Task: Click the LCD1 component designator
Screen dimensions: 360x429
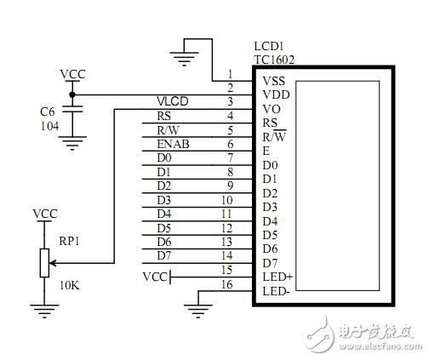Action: (x=270, y=45)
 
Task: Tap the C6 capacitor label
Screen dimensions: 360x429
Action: (x=49, y=111)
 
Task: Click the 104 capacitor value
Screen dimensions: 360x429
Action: (x=50, y=125)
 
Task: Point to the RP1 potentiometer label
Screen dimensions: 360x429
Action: (x=69, y=240)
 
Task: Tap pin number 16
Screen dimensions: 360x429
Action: (x=226, y=283)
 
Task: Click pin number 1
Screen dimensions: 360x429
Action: (x=229, y=75)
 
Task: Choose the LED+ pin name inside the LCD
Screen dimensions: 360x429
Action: (x=277, y=277)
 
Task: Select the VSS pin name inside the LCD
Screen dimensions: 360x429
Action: (x=273, y=82)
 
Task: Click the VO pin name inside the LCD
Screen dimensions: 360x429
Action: (x=271, y=110)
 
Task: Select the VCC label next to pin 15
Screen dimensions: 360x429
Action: (x=156, y=277)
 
